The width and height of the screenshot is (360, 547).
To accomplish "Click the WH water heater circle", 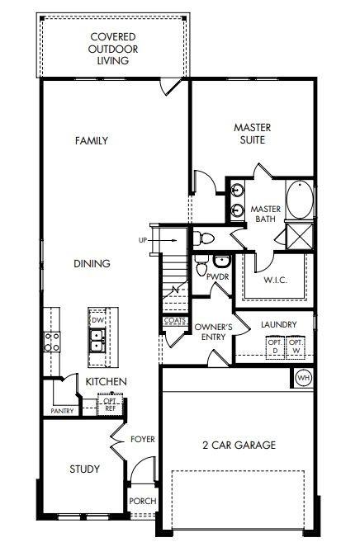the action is [x=303, y=378].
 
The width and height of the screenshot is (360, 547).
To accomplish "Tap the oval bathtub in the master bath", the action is [x=300, y=200].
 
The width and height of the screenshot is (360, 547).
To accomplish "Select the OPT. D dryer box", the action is [x=276, y=347].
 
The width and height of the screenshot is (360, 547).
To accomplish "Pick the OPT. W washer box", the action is [x=296, y=347].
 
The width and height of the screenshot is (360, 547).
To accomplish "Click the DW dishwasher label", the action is [x=97, y=320].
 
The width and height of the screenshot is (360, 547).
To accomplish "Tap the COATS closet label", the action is [x=175, y=321].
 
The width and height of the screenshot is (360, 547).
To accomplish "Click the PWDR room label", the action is [x=217, y=276].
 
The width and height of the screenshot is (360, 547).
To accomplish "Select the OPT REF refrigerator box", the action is [x=111, y=405].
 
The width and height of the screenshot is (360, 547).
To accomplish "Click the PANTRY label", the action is [x=62, y=411].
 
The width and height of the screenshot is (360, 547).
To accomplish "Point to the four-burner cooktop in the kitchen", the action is [x=52, y=342].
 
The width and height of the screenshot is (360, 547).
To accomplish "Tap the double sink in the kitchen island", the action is [x=97, y=342].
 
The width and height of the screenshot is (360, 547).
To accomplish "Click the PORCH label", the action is [x=143, y=501].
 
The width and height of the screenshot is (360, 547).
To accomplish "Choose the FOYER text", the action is [x=143, y=439].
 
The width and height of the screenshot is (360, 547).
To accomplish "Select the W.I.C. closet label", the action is [x=276, y=280].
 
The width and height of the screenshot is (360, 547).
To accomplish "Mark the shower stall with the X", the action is [x=300, y=236].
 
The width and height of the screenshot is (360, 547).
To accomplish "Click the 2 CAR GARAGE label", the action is [x=239, y=445].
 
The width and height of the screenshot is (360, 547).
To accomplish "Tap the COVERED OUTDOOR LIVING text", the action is [x=113, y=49].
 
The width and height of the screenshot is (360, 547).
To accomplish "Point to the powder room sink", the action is [x=221, y=261].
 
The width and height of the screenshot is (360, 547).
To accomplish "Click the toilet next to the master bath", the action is [x=203, y=238].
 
